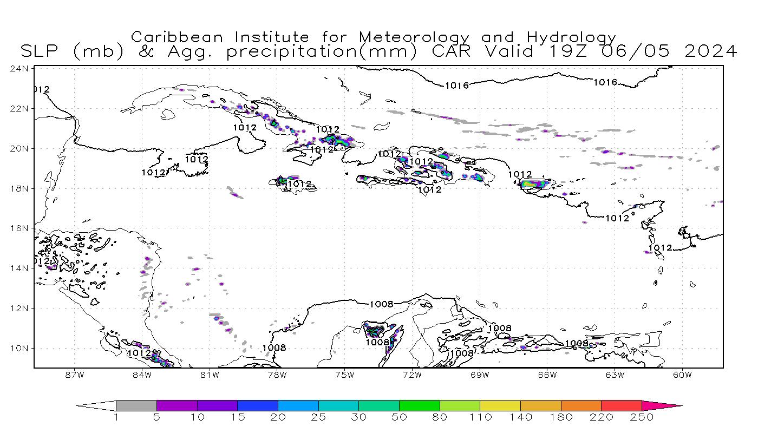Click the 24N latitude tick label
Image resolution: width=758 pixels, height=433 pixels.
(20, 69)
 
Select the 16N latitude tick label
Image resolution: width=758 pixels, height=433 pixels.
(20, 228)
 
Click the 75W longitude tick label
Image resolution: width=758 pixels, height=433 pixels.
(345, 375)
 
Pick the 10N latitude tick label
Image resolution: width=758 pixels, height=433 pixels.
(20, 348)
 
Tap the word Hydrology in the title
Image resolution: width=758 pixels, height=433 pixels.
(571, 38)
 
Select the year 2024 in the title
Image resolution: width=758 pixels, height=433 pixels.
(711, 51)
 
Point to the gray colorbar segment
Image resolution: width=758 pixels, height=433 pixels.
(136, 405)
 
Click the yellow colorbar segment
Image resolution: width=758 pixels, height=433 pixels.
(500, 405)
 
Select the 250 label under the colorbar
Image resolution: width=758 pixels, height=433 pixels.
(642, 417)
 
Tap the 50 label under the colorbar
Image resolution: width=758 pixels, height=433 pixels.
(400, 417)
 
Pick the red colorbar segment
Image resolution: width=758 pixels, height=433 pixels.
(622, 405)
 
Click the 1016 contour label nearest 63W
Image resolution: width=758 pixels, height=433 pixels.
(605, 82)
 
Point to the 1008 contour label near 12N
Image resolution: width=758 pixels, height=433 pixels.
(382, 304)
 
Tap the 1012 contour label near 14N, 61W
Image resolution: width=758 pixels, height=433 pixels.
(660, 248)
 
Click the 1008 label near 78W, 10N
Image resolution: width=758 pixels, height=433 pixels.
(274, 347)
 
